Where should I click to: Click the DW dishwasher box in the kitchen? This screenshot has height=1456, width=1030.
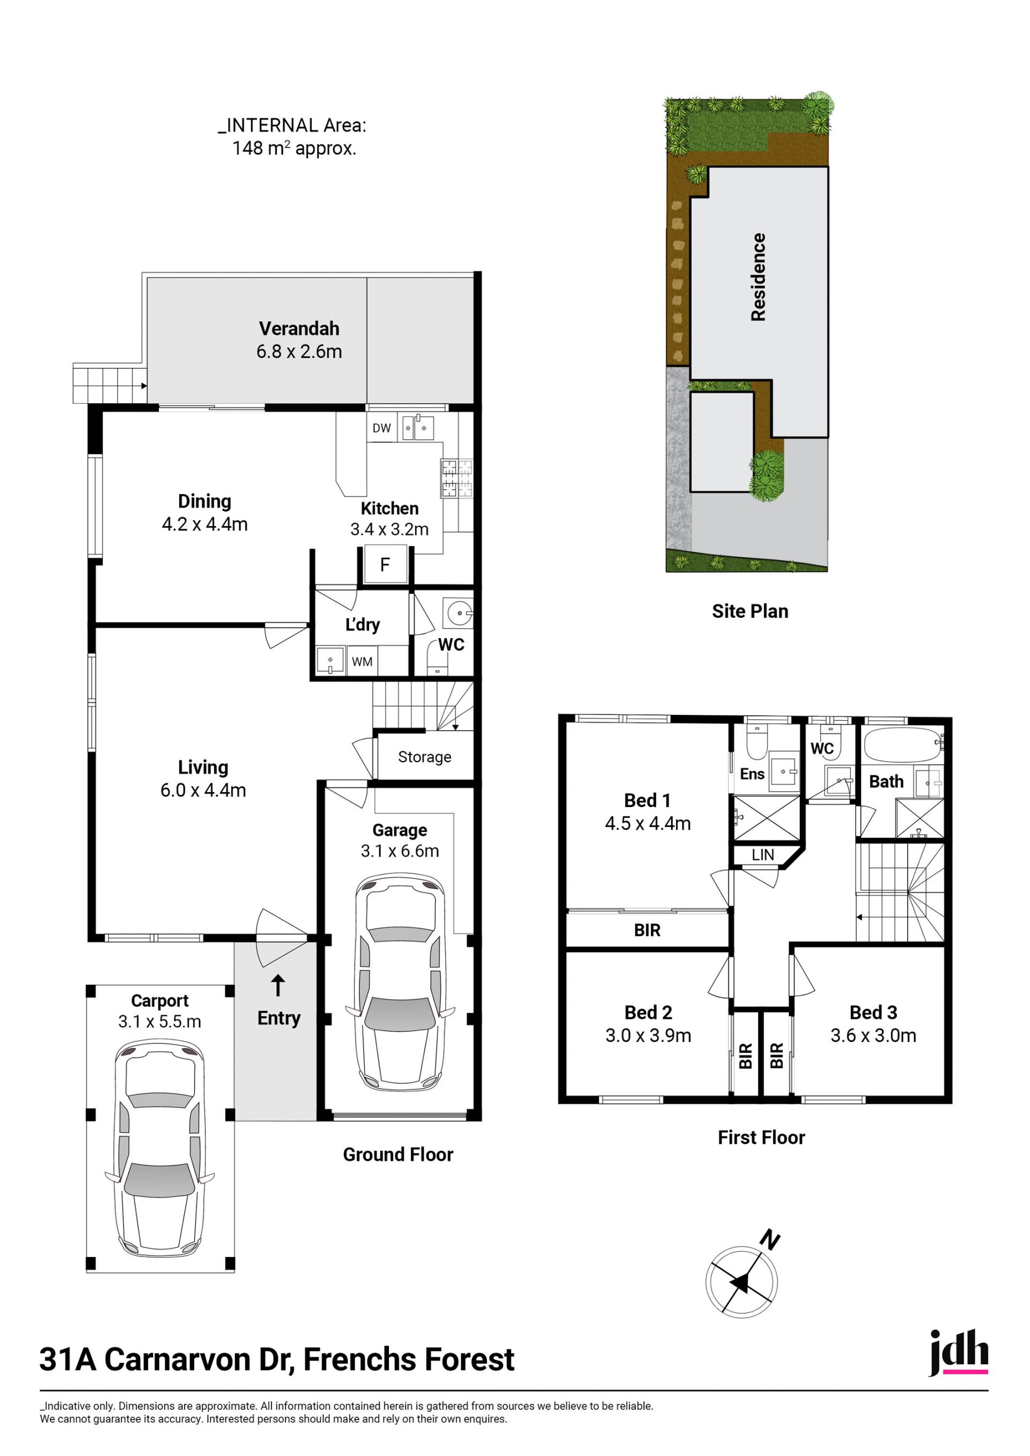pyautogui.click(x=382, y=428)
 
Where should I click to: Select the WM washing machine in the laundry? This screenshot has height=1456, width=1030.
pyautogui.click(x=362, y=661)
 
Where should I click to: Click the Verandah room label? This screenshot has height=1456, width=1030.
pyautogui.click(x=299, y=329)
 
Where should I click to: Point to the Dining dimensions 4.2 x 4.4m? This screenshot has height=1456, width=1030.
pyautogui.click(x=205, y=524)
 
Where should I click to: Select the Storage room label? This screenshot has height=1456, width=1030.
pyautogui.click(x=425, y=757)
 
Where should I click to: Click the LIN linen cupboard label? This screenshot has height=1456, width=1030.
pyautogui.click(x=763, y=855)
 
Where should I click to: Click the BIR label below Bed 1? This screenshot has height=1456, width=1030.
pyautogui.click(x=648, y=930)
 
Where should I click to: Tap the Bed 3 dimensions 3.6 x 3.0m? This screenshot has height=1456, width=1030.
pyautogui.click(x=873, y=1036)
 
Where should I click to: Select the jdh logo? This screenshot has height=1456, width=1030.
pyautogui.click(x=958, y=1354)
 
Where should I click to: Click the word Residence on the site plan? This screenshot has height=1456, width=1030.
pyautogui.click(x=759, y=277)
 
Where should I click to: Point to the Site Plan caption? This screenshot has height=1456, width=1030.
pyautogui.click(x=751, y=611)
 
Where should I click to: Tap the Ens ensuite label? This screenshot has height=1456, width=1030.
pyautogui.click(x=752, y=774)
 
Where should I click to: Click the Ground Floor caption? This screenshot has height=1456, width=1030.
pyautogui.click(x=398, y=1155)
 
